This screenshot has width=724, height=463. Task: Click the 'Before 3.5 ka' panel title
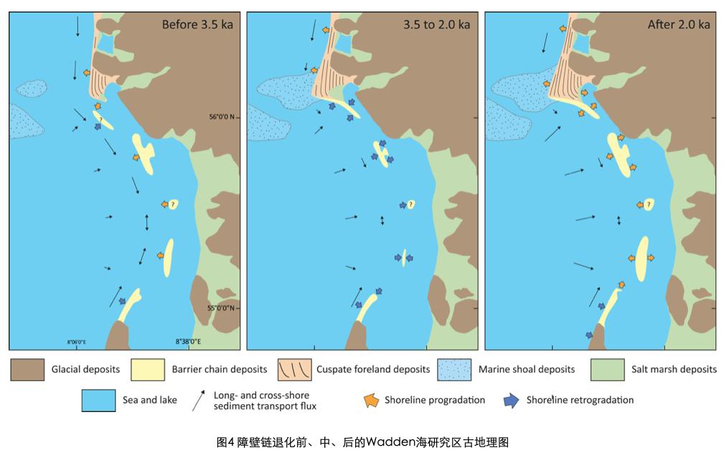(x=196, y=24)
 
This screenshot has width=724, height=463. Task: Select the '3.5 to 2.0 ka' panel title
(x=436, y=24)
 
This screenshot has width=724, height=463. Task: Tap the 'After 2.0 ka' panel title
(x=678, y=24)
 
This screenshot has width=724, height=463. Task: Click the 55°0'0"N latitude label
(x=222, y=309)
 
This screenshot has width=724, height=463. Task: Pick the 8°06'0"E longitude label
(x=77, y=342)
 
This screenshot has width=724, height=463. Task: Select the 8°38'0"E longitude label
(x=188, y=342)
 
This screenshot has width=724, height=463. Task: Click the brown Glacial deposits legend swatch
(x=27, y=370)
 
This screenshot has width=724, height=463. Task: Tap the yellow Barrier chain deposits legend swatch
(x=147, y=370)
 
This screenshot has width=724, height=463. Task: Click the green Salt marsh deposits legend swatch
(x=607, y=370)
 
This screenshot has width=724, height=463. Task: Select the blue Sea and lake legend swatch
(x=98, y=400)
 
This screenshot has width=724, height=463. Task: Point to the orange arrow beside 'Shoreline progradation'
(x=371, y=401)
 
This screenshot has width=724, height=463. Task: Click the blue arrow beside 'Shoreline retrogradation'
(x=512, y=401)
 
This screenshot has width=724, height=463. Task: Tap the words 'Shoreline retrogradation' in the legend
(x=580, y=400)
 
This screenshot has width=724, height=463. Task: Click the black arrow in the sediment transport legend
(x=198, y=400)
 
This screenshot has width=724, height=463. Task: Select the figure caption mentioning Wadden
(x=362, y=442)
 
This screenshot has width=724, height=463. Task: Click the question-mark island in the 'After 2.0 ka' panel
(x=649, y=205)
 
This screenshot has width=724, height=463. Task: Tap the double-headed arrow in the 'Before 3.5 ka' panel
(x=147, y=223)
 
